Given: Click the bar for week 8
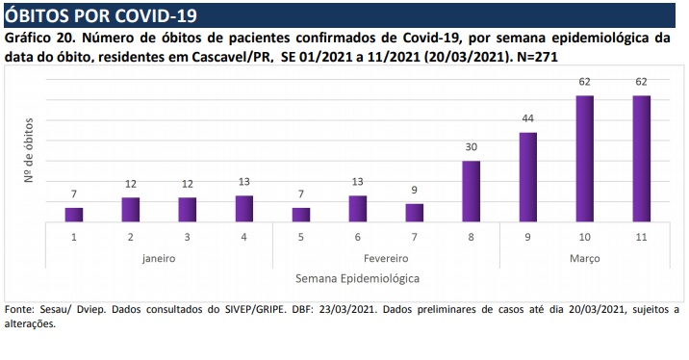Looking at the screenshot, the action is click(x=472, y=192).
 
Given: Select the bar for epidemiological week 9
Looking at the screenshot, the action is click(x=527, y=177).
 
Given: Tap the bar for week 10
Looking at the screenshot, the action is click(x=584, y=159).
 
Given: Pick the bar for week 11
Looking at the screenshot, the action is click(x=642, y=159).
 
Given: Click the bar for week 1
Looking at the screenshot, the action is click(x=74, y=215).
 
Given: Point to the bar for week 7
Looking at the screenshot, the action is click(x=415, y=213).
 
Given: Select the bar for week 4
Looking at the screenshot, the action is click(x=244, y=209).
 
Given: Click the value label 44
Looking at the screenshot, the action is click(x=527, y=118).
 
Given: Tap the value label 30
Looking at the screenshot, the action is click(x=472, y=147).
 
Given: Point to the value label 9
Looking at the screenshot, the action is click(x=415, y=190).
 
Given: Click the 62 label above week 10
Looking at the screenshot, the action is click(x=584, y=82).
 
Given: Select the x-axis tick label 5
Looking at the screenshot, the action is click(x=301, y=238).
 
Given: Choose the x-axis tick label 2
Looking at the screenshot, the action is click(x=131, y=238).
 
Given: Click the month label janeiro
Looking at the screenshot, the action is click(x=159, y=259).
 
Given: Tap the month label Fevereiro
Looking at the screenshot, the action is click(x=386, y=259).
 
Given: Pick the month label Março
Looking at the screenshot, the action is click(x=585, y=259).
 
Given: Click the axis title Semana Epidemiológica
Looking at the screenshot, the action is click(x=357, y=279).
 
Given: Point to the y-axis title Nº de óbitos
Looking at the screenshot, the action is click(x=29, y=150).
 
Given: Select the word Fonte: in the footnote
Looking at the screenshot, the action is click(x=20, y=309).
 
